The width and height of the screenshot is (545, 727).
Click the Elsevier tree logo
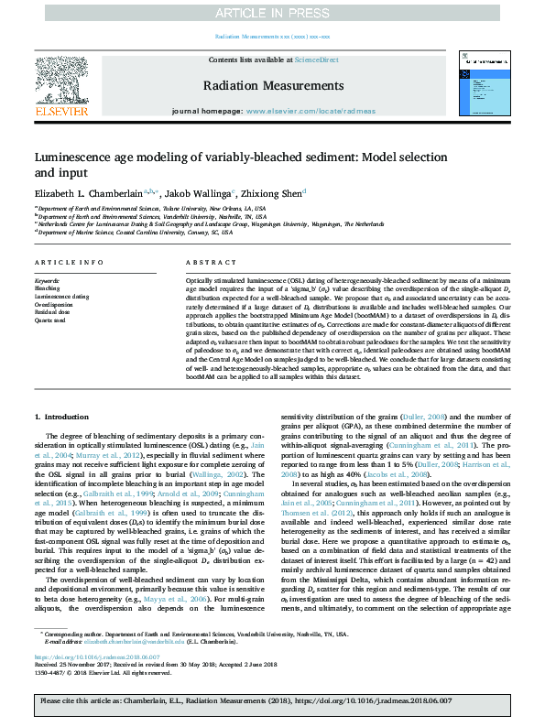(x=61, y=80)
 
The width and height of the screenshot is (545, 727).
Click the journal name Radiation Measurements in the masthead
(x=273, y=84)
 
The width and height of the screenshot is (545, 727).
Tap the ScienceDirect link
(x=316, y=60)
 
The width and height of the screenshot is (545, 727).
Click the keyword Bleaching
(x=47, y=288)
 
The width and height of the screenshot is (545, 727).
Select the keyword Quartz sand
(x=51, y=320)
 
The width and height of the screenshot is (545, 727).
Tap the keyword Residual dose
(x=53, y=312)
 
